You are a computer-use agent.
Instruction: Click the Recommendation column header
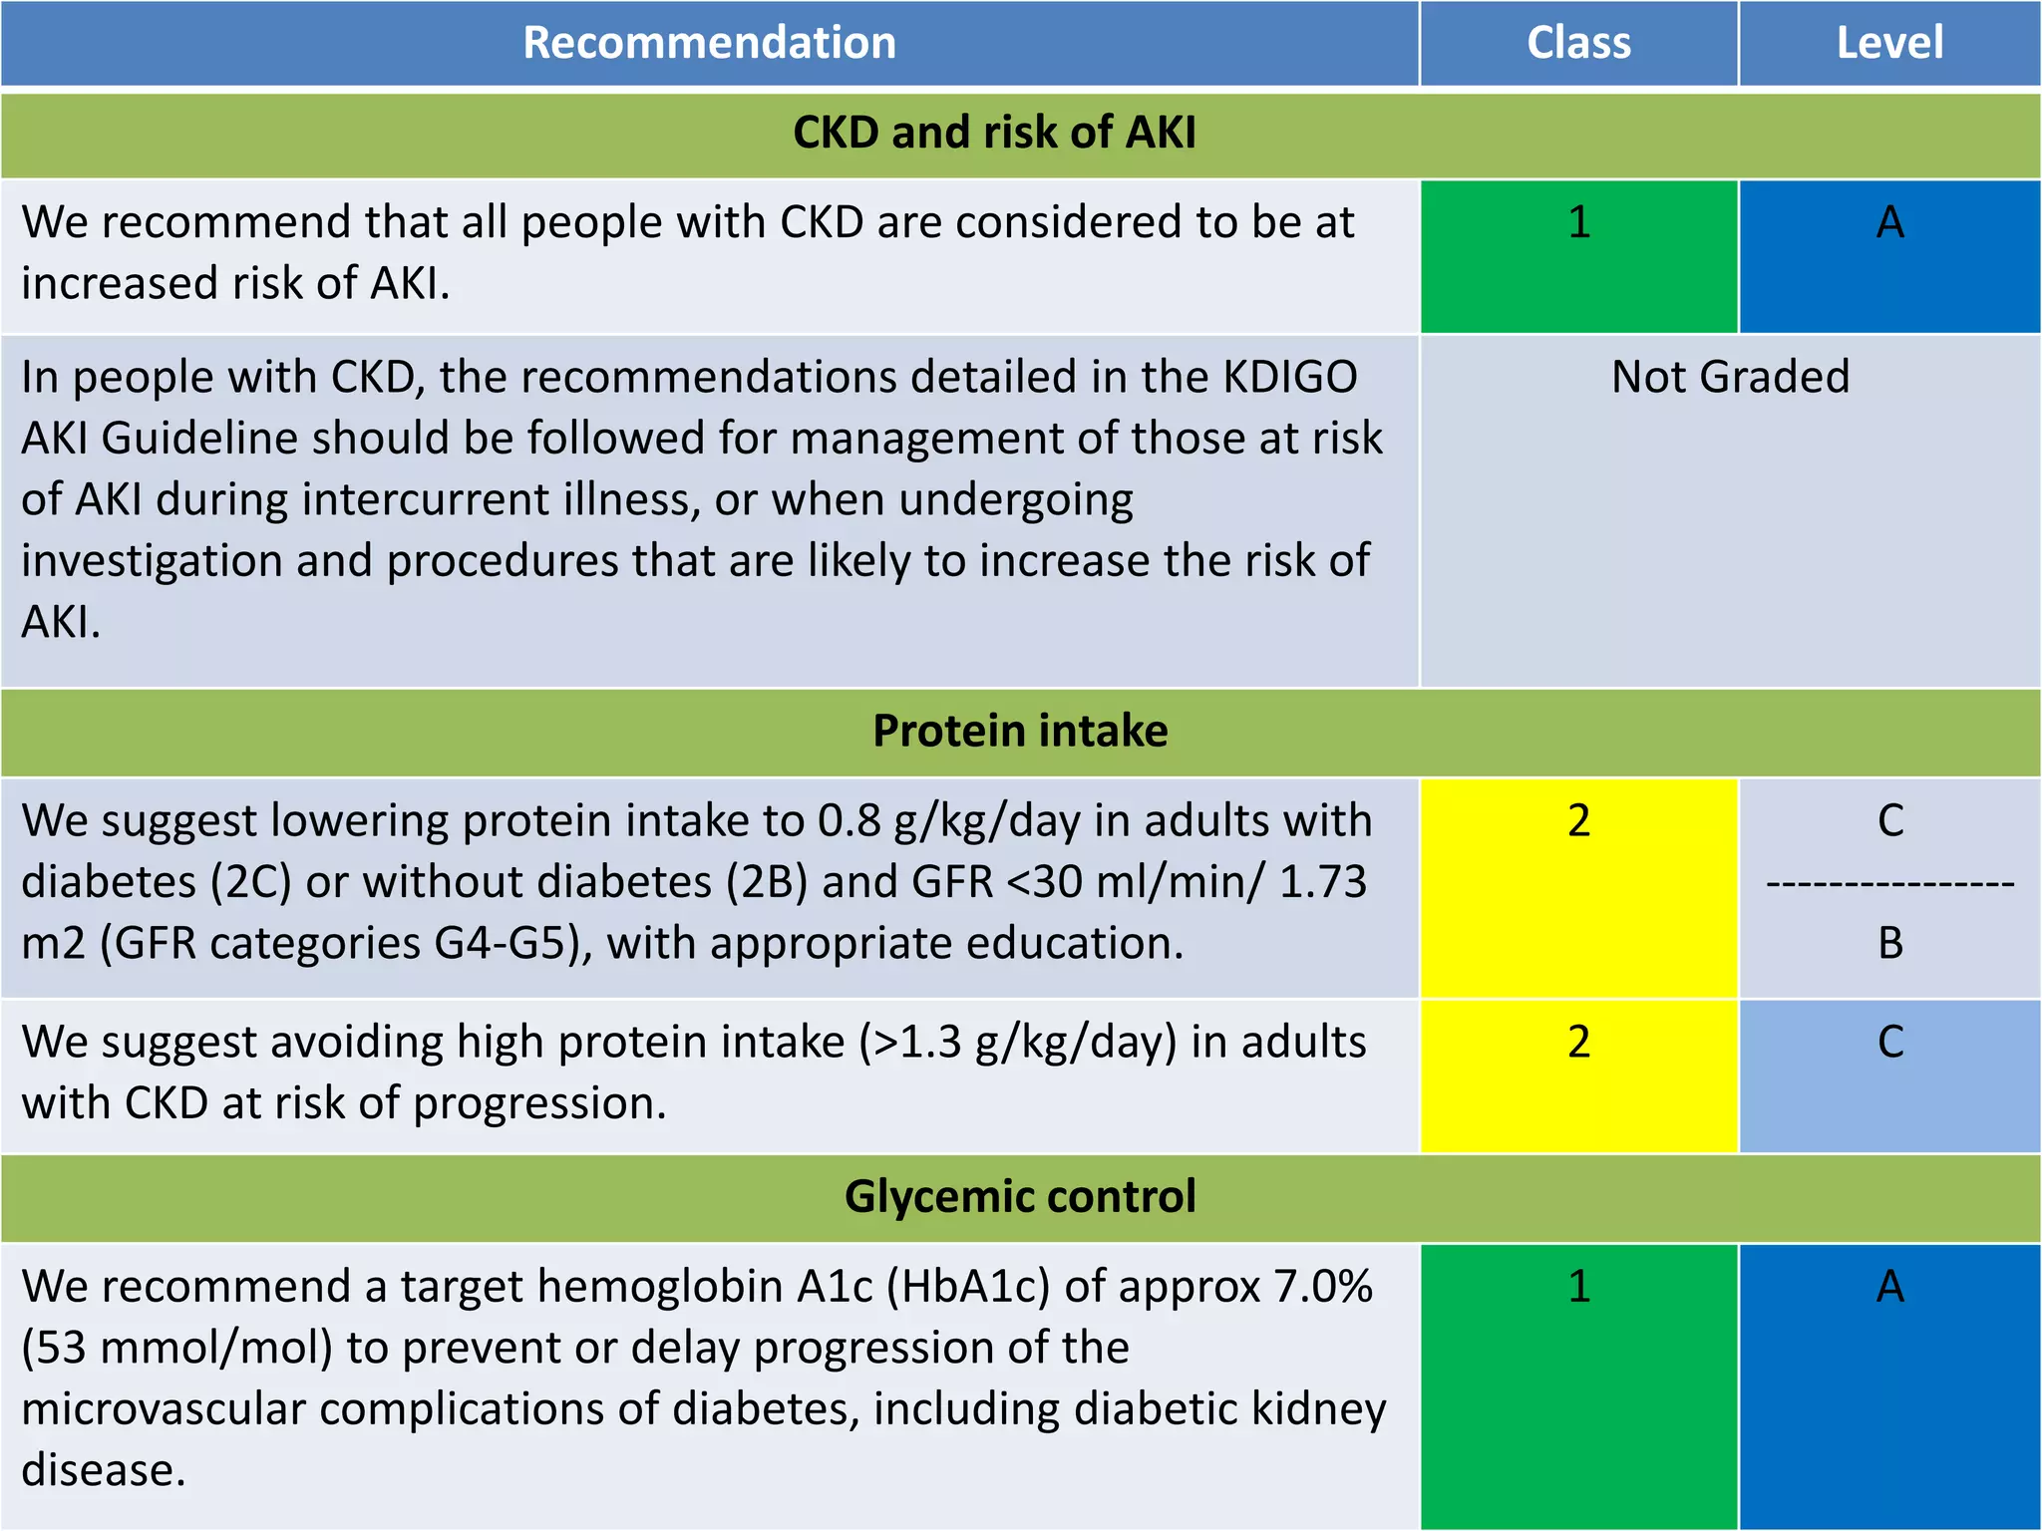pos(709,43)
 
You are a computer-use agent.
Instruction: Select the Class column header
pos(1578,43)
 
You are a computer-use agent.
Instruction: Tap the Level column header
pos(1889,43)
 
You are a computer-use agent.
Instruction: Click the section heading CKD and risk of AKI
pos(994,133)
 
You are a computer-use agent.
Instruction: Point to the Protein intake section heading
pos(1020,731)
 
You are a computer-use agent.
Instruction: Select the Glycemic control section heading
pos(1020,1196)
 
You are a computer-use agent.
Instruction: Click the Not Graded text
pos(1730,377)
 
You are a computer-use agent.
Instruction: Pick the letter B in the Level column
pos(1890,943)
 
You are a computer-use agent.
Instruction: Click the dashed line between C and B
pos(1890,883)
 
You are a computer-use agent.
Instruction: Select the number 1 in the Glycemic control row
pos(1578,1286)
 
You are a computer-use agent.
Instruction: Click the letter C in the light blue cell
pos(1890,1042)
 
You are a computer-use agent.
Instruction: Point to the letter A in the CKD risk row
pos(1890,221)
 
